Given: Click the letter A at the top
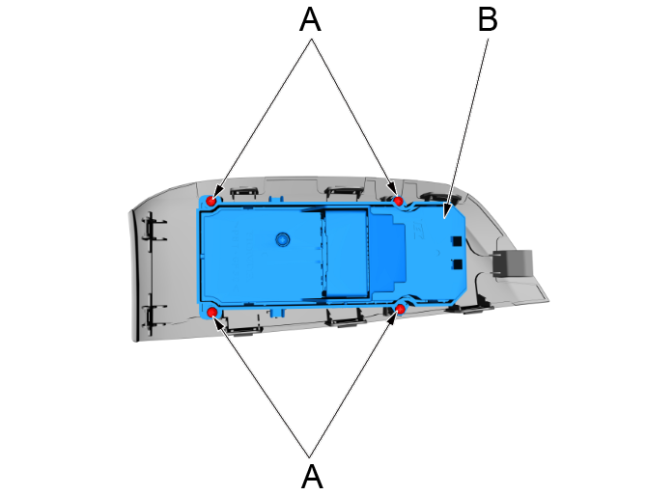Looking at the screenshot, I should pyautogui.click(x=310, y=20).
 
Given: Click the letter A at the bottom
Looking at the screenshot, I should pyautogui.click(x=311, y=475).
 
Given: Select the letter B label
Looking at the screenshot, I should pyautogui.click(x=489, y=20).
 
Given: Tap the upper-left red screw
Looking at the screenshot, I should pyautogui.click(x=210, y=201).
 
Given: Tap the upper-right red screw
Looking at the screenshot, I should pyautogui.click(x=398, y=201).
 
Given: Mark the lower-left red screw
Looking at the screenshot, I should pyautogui.click(x=211, y=313).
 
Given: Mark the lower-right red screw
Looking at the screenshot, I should pyautogui.click(x=400, y=309).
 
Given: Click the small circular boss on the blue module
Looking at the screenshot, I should pyautogui.click(x=282, y=236).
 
